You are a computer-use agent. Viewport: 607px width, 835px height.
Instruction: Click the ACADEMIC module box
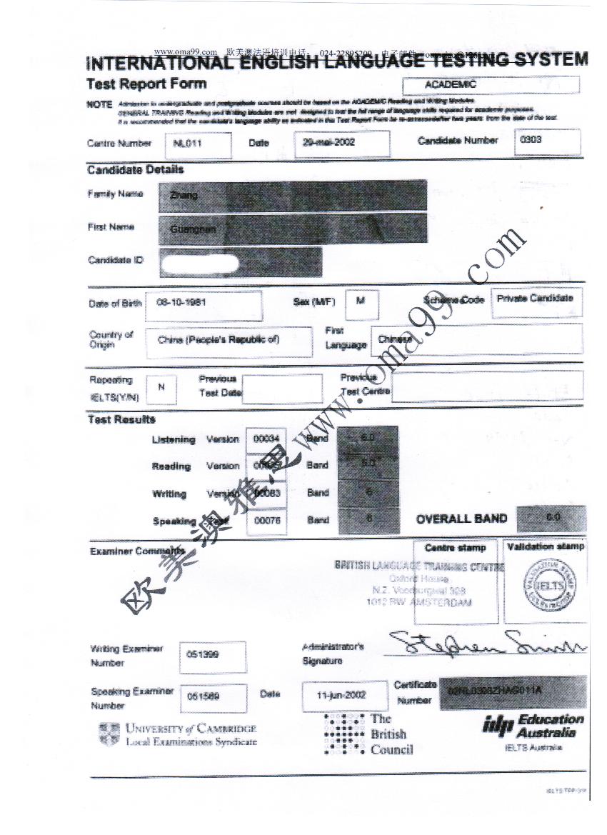click(491, 85)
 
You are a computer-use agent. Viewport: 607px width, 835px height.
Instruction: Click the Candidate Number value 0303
click(547, 141)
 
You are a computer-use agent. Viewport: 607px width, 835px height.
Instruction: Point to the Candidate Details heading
click(136, 170)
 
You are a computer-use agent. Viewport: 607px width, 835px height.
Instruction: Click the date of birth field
click(203, 304)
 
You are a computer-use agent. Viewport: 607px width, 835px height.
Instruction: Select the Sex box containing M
click(361, 301)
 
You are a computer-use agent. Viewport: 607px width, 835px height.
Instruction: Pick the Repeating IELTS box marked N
click(161, 388)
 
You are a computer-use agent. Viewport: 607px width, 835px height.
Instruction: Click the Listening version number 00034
click(266, 439)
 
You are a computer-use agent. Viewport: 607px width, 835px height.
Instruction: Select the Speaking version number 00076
click(267, 521)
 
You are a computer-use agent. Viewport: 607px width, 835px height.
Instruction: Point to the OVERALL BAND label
click(461, 519)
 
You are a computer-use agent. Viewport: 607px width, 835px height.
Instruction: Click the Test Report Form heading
click(146, 84)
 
